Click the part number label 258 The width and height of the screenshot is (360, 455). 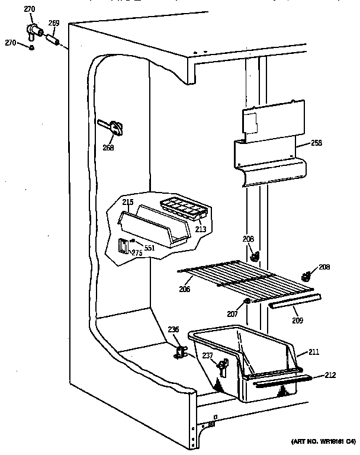point(316,143)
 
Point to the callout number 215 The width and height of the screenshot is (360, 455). point(127,202)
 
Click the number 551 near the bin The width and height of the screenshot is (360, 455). point(150,248)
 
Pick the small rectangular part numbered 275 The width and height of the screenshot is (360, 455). point(123,246)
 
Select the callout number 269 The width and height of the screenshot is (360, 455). point(53,24)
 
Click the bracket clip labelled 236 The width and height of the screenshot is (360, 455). point(179,353)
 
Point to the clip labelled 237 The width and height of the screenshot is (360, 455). point(224,368)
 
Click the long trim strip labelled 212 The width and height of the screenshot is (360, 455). point(281,381)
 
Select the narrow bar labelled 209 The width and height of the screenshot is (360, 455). point(291,304)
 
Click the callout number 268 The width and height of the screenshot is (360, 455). point(108,148)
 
